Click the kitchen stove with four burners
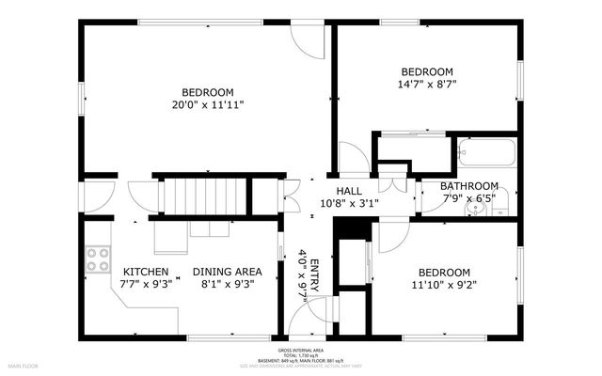coord(96,258)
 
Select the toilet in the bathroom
coord(500,200)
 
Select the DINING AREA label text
coord(227,272)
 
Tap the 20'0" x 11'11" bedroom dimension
coord(207,104)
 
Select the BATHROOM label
coord(470,186)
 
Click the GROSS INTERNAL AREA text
coord(302,348)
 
